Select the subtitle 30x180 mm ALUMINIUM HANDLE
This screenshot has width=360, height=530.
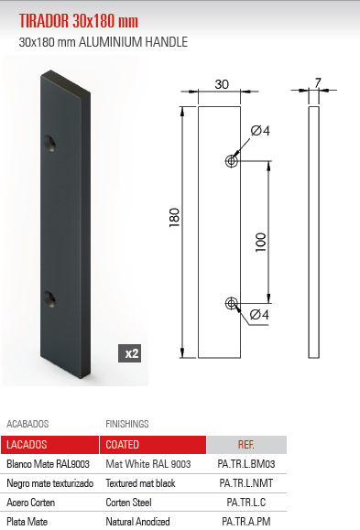pos(104,42)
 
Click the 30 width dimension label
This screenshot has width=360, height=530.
pos(222,83)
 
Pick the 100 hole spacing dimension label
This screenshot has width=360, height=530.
pos(260,242)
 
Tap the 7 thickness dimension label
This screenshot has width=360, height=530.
pos(317,82)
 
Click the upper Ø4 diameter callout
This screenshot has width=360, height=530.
pos(260,130)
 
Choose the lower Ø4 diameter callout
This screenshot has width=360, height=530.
pos(260,316)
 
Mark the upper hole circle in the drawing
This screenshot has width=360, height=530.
pos(232,161)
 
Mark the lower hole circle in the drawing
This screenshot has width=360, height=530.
pos(232,303)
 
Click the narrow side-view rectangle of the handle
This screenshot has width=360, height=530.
pos(314,233)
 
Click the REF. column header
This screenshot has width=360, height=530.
pos(246,445)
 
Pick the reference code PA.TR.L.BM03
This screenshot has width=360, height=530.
pos(246,464)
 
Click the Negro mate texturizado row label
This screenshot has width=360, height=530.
pos(49,483)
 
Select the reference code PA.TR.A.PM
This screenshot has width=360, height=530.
pos(246,521)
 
